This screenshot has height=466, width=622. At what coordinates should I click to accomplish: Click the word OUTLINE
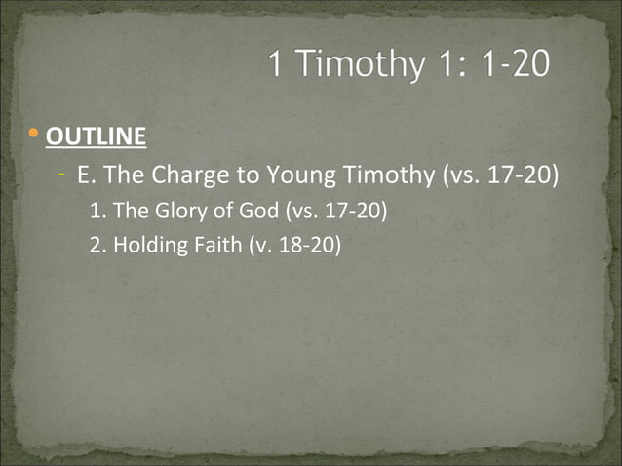(x=97, y=135)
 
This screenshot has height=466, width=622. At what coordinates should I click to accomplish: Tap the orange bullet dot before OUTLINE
(x=35, y=133)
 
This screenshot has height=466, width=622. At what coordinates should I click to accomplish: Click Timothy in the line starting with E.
(x=382, y=176)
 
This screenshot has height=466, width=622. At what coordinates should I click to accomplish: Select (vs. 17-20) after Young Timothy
(x=500, y=176)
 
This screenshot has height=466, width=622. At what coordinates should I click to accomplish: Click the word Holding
(x=147, y=244)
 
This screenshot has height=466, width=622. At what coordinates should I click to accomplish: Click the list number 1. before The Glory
(x=97, y=210)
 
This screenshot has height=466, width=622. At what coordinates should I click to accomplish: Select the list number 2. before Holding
(x=97, y=244)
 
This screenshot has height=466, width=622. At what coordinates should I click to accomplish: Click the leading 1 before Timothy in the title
(x=276, y=65)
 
